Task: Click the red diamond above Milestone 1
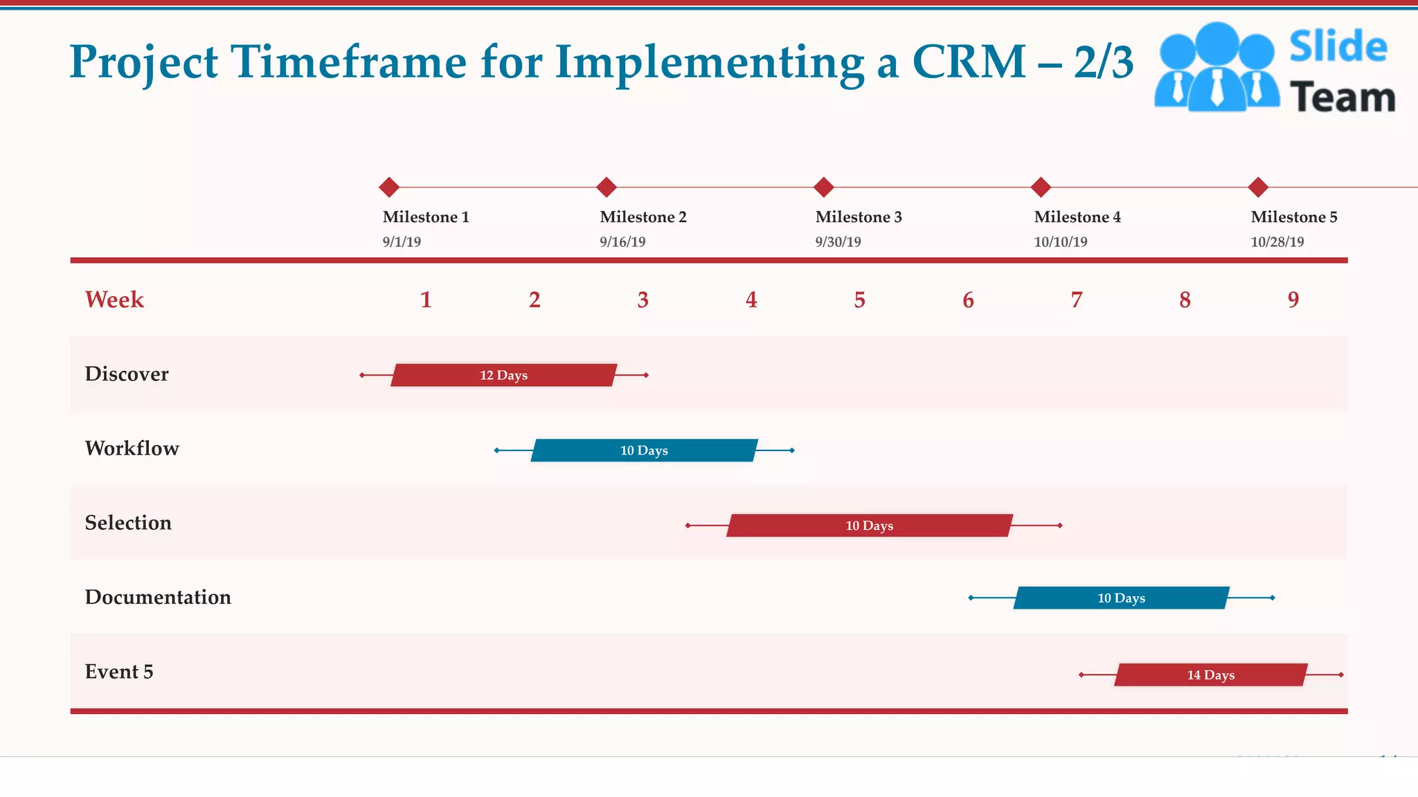click(389, 187)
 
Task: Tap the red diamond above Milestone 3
click(823, 187)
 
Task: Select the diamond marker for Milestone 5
click(1258, 187)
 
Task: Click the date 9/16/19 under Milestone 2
click(622, 242)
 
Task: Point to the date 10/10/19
click(1060, 242)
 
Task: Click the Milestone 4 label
click(1077, 217)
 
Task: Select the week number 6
click(968, 300)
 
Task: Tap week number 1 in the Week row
click(426, 300)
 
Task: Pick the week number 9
click(1293, 300)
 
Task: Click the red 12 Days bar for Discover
click(503, 375)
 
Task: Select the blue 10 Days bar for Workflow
click(644, 450)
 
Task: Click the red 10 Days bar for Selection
click(869, 526)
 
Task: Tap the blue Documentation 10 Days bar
click(1121, 598)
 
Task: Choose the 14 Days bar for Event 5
click(1210, 675)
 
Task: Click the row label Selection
click(128, 523)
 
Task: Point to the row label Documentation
click(158, 597)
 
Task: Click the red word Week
click(114, 300)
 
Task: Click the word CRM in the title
click(969, 62)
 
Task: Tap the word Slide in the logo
click(1338, 47)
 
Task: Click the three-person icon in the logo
click(1217, 67)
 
